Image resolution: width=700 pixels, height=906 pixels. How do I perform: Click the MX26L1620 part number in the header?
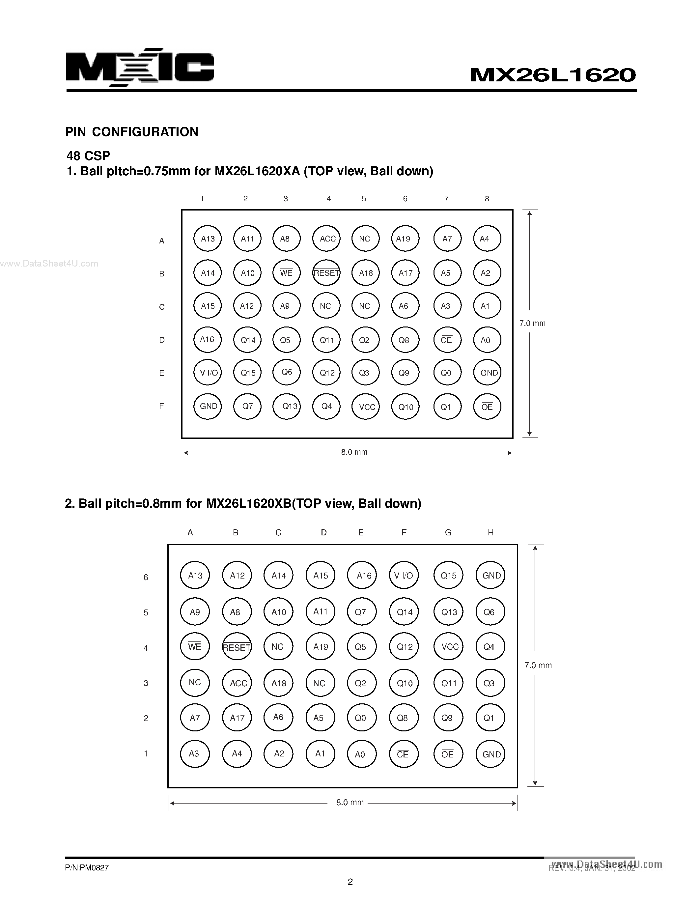[553, 75]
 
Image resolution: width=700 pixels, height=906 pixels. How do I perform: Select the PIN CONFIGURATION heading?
[131, 132]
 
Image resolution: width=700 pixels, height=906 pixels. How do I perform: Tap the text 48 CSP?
[88, 156]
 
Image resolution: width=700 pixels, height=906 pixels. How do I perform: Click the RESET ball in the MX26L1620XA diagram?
[326, 273]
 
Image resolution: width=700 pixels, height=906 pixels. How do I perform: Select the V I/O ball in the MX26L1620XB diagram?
[404, 575]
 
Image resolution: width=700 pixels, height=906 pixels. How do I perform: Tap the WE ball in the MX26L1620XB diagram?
[194, 647]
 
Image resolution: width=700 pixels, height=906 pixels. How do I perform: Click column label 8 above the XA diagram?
[487, 199]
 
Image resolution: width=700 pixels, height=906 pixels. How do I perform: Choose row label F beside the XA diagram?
[162, 407]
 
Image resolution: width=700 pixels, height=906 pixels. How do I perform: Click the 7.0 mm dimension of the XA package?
[532, 323]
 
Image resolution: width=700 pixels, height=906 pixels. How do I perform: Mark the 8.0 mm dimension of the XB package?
[350, 803]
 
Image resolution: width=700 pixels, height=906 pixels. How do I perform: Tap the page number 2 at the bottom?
[350, 882]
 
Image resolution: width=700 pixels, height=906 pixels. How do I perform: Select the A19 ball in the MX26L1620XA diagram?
[405, 239]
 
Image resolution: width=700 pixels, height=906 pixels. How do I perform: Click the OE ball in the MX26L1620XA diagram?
[487, 407]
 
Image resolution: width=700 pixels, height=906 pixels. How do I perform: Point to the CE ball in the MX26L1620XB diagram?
[403, 754]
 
